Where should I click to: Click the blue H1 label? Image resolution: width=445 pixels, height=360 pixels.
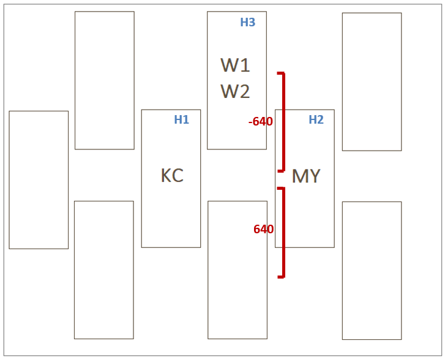tap(181, 120)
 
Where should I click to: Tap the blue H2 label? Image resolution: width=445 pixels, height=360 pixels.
tap(316, 120)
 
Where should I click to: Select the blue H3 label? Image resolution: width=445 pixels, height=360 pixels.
tap(247, 23)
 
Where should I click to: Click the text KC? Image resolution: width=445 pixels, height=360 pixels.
tap(172, 176)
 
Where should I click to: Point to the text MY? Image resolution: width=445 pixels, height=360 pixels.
tap(306, 176)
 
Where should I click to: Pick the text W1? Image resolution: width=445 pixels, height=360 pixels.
tap(235, 65)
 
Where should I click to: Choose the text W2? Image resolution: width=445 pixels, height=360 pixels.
tap(235, 91)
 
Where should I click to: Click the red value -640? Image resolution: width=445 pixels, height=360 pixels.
tap(261, 122)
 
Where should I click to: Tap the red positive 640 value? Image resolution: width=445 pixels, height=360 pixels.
tap(263, 230)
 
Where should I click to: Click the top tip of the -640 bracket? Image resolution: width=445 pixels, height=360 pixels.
tap(280, 73)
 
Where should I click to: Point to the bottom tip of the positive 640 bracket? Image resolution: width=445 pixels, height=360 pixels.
tap(280, 277)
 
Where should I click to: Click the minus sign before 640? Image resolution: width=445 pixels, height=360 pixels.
tap(250, 122)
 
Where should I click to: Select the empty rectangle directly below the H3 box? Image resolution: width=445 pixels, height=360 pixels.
tap(237, 269)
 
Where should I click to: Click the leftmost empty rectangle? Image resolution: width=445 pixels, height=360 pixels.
tap(39, 179)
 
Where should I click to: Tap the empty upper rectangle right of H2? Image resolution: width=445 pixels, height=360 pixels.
tap(372, 81)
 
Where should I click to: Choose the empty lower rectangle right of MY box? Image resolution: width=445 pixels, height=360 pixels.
tap(372, 270)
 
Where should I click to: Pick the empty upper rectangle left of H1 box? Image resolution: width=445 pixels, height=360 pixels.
tap(104, 80)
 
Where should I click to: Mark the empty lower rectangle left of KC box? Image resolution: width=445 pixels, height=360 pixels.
tap(103, 269)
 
